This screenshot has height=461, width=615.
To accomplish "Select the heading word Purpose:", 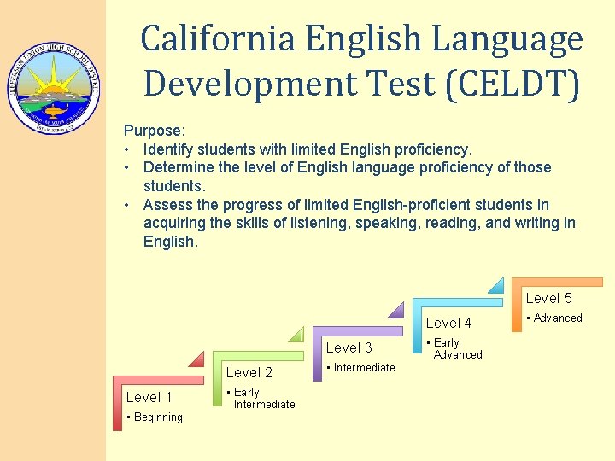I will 155,131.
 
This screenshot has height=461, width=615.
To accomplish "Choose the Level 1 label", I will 149,397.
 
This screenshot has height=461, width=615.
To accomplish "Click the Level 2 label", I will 249,372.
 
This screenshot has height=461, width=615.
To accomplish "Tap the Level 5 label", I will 548,298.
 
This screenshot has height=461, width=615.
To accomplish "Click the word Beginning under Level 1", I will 157,417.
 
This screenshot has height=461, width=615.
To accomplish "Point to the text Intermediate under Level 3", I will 364,368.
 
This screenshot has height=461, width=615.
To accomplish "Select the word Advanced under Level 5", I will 558,318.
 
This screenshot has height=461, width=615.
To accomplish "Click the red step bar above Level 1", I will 158,378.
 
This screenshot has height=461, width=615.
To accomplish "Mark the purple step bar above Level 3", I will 358,330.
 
